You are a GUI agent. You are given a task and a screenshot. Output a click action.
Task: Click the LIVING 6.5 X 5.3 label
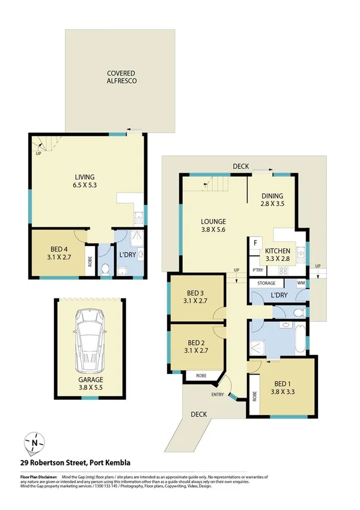(x=85, y=180)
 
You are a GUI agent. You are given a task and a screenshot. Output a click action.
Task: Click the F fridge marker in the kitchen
(x=255, y=244)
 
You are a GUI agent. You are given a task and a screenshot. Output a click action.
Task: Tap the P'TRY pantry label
(x=257, y=270)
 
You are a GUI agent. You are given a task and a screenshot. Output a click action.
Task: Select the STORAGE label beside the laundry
(x=267, y=282)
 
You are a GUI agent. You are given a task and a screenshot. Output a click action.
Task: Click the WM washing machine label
(x=301, y=282)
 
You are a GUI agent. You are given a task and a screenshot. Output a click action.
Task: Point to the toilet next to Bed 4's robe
(x=105, y=268)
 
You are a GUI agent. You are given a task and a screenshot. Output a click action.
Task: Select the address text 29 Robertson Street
(x=76, y=462)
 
